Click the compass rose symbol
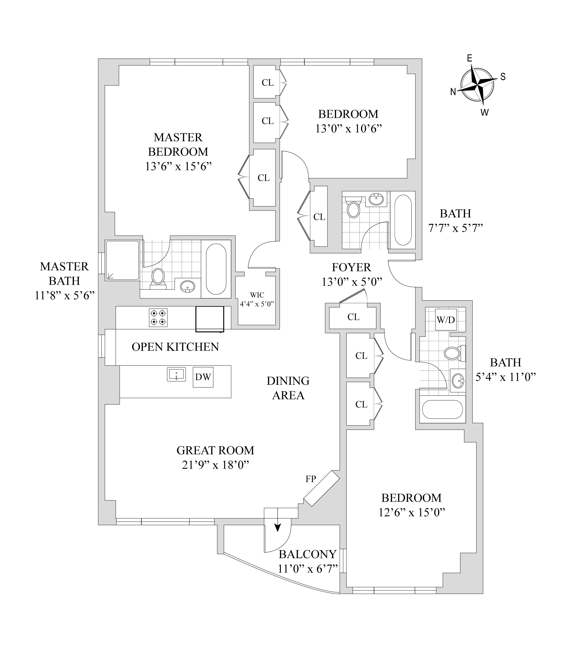pyautogui.click(x=477, y=85)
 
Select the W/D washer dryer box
pyautogui.click(x=446, y=320)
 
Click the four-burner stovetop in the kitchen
pyautogui.click(x=158, y=317)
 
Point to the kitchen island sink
pyautogui.click(x=176, y=375)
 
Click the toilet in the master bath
pyautogui.click(x=158, y=277)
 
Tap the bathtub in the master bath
pyautogui.click(x=216, y=269)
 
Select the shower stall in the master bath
pyautogui.click(x=122, y=260)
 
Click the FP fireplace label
pyautogui.click(x=311, y=479)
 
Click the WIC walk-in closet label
pyautogui.click(x=257, y=295)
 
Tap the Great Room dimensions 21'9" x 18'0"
pyautogui.click(x=216, y=465)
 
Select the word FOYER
pyautogui.click(x=351, y=267)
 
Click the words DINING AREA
pyautogui.click(x=288, y=388)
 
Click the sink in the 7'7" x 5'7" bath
pyautogui.click(x=376, y=199)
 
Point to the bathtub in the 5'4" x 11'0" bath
pyautogui.click(x=442, y=410)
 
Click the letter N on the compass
pyautogui.click(x=453, y=92)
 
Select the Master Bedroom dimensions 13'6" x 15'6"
pyautogui.click(x=178, y=166)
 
